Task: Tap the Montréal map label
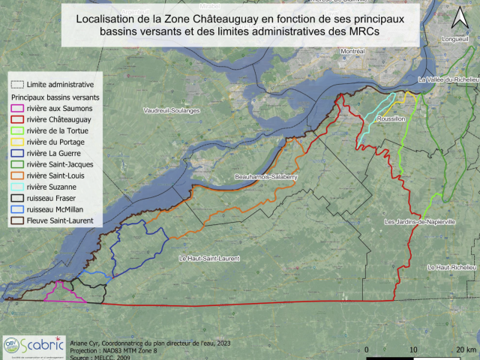pos(352,51)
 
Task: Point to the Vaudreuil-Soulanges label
pos(172,110)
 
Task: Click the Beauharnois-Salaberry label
pos(266,177)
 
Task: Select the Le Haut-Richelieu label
pos(451,268)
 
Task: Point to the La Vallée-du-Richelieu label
pos(448,79)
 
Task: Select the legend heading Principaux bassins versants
pos(55,97)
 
